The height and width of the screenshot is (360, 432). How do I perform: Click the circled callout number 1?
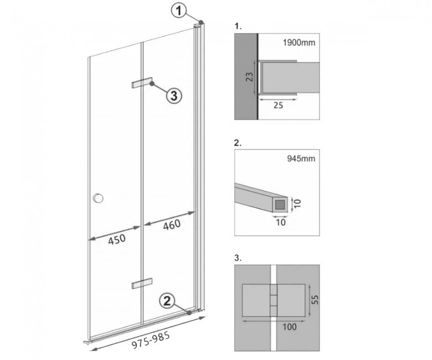(x=179, y=11)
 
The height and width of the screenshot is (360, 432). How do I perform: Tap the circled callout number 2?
(x=167, y=301)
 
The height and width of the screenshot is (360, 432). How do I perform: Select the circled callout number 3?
(x=174, y=96)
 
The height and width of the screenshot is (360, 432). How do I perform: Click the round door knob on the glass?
(x=98, y=198)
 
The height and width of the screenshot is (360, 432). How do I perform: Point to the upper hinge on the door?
(x=142, y=83)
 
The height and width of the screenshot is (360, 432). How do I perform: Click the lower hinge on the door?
(x=142, y=284)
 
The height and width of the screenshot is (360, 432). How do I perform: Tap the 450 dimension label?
(x=117, y=240)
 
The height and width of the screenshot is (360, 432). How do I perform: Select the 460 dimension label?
(x=172, y=225)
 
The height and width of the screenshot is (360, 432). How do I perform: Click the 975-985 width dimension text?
(x=151, y=341)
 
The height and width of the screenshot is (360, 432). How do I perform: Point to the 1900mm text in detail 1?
(x=299, y=43)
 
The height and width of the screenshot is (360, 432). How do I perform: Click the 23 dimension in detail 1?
(x=249, y=77)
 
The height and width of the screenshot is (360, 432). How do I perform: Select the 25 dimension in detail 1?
(x=278, y=105)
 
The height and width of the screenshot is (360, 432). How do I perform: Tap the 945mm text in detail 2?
(x=301, y=158)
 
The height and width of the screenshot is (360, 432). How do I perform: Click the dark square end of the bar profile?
(x=280, y=204)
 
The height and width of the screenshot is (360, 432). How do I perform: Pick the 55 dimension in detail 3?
(x=316, y=300)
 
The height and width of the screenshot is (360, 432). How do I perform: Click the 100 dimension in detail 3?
(x=290, y=327)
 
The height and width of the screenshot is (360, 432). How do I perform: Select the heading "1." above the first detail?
(x=238, y=27)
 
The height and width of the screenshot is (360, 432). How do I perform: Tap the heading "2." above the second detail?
(x=238, y=143)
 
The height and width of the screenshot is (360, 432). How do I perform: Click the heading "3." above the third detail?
(x=238, y=258)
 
